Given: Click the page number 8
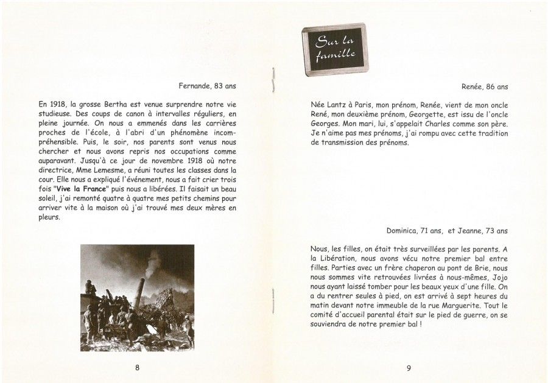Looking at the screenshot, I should click(137, 367).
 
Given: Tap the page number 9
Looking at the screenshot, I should click(409, 367).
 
